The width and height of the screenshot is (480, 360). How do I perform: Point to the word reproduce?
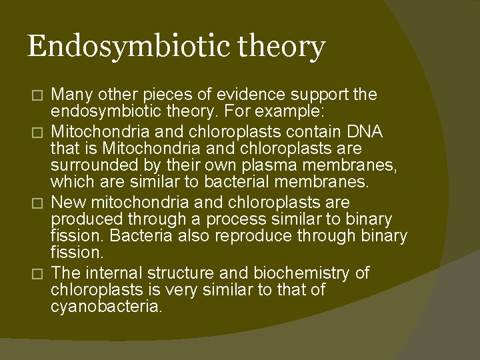[261, 235]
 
